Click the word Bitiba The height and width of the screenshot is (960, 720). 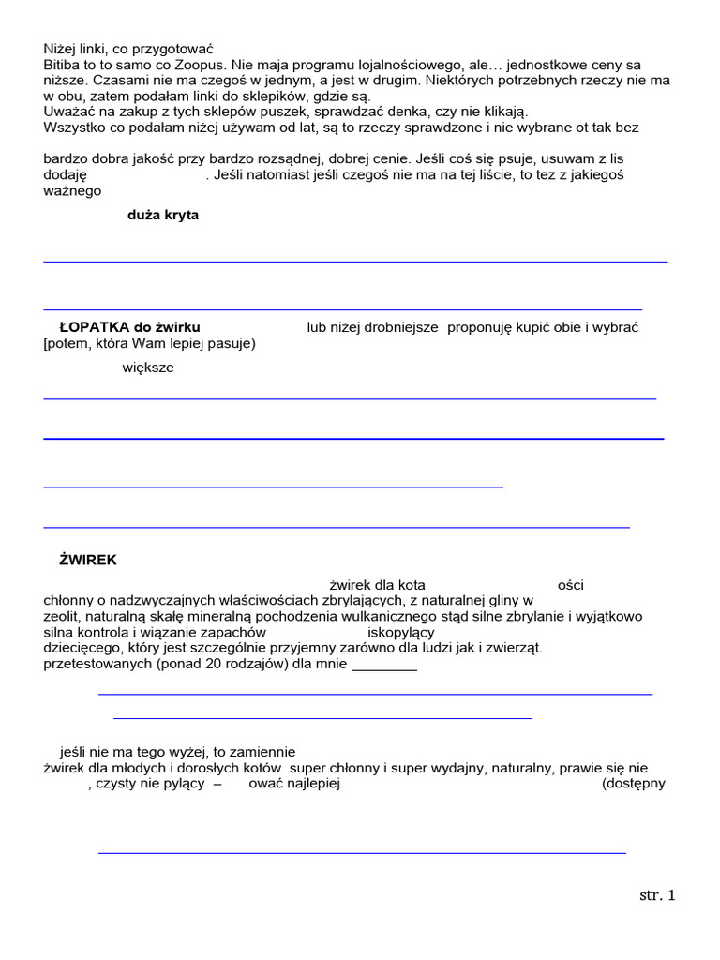pyautogui.click(x=63, y=65)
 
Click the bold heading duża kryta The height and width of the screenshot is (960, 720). pyautogui.click(x=163, y=215)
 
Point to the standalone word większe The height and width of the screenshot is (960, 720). pyautogui.click(x=148, y=367)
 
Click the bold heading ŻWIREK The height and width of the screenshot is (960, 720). pyautogui.click(x=88, y=560)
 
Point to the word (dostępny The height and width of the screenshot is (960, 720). pyautogui.click(x=634, y=784)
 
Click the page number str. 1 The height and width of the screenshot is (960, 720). pyautogui.click(x=657, y=895)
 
